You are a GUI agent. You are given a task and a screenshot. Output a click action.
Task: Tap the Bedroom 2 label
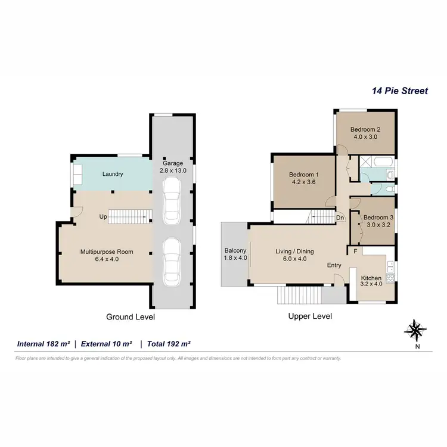coord(365,129)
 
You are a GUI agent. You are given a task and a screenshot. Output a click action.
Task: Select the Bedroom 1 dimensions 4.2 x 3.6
coord(305,183)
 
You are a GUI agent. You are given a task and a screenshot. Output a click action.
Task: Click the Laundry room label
coord(113,174)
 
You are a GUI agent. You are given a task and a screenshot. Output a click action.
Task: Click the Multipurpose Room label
coord(107,252)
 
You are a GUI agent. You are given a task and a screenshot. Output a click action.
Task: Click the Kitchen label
coord(371,278)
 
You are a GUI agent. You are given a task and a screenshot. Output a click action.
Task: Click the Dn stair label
coord(340,218)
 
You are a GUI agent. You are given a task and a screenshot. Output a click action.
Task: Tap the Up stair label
coord(103,217)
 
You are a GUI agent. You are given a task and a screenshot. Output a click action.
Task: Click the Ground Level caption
coord(131,317)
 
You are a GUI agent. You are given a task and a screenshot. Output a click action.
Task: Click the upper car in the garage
coord(172,200)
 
